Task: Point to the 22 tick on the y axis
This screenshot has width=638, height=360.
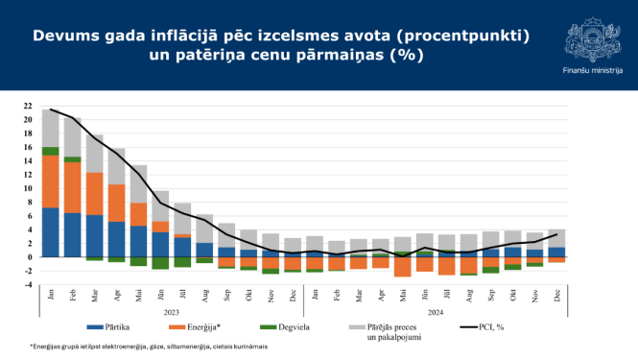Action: [29, 107]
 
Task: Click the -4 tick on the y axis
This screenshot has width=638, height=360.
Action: [29, 285]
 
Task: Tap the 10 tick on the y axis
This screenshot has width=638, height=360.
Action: [29, 189]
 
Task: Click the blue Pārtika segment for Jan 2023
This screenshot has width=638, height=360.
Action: [51, 232]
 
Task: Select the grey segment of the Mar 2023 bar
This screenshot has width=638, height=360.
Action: [95, 153]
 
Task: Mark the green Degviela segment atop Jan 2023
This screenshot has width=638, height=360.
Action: [51, 151]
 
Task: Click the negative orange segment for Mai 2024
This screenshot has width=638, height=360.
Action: [403, 267]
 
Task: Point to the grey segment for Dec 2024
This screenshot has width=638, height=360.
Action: [556, 238]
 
